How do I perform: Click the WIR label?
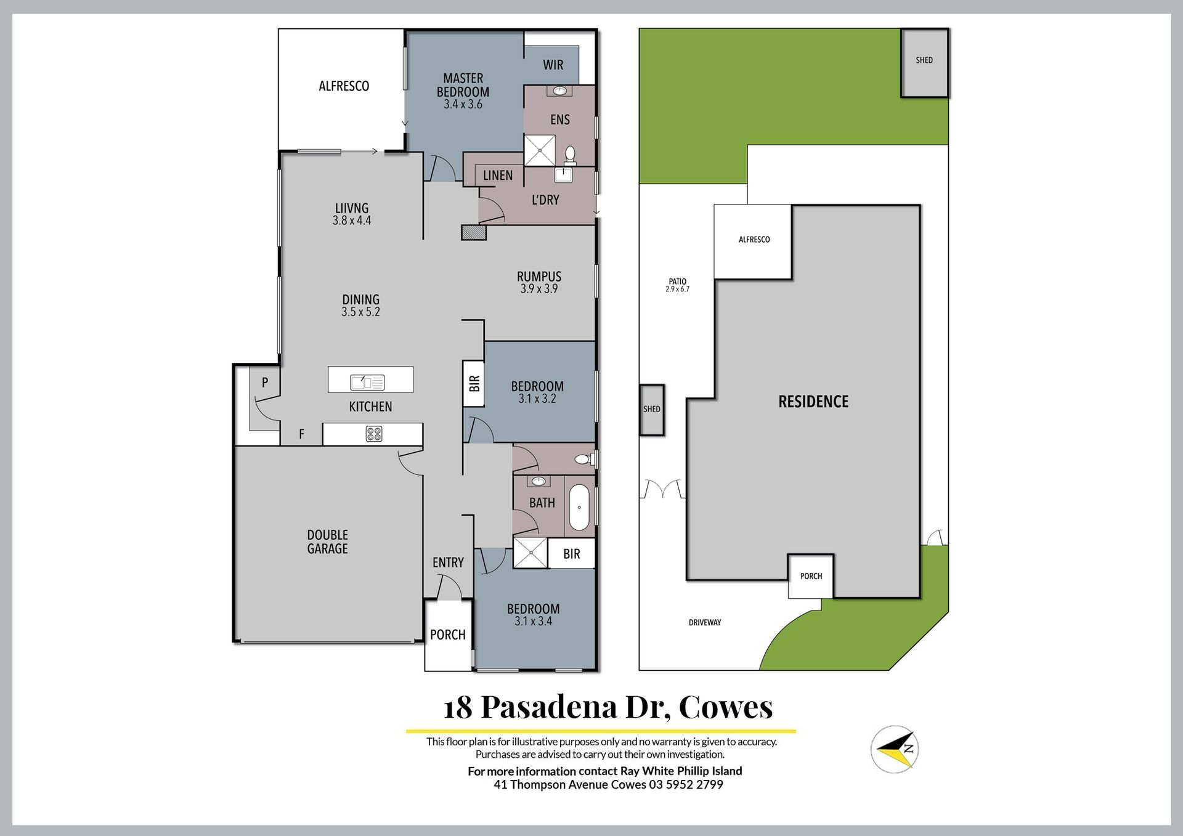553,65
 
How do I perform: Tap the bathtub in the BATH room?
579,508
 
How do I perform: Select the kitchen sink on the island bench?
367,382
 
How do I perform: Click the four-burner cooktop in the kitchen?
374,434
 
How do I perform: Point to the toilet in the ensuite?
570,155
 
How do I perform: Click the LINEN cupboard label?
498,176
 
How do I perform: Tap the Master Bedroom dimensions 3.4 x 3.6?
463,104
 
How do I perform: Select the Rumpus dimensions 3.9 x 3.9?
539,288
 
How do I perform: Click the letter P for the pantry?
265,383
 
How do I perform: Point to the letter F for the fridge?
301,434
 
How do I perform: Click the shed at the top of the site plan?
924,62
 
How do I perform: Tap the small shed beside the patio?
652,410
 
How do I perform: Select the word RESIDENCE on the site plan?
813,402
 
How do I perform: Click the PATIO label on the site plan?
678,282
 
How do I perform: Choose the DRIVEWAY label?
705,622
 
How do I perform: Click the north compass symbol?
895,750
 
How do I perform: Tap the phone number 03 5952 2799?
686,784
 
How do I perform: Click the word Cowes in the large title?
725,707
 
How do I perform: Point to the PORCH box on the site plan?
811,576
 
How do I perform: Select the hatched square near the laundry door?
474,232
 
